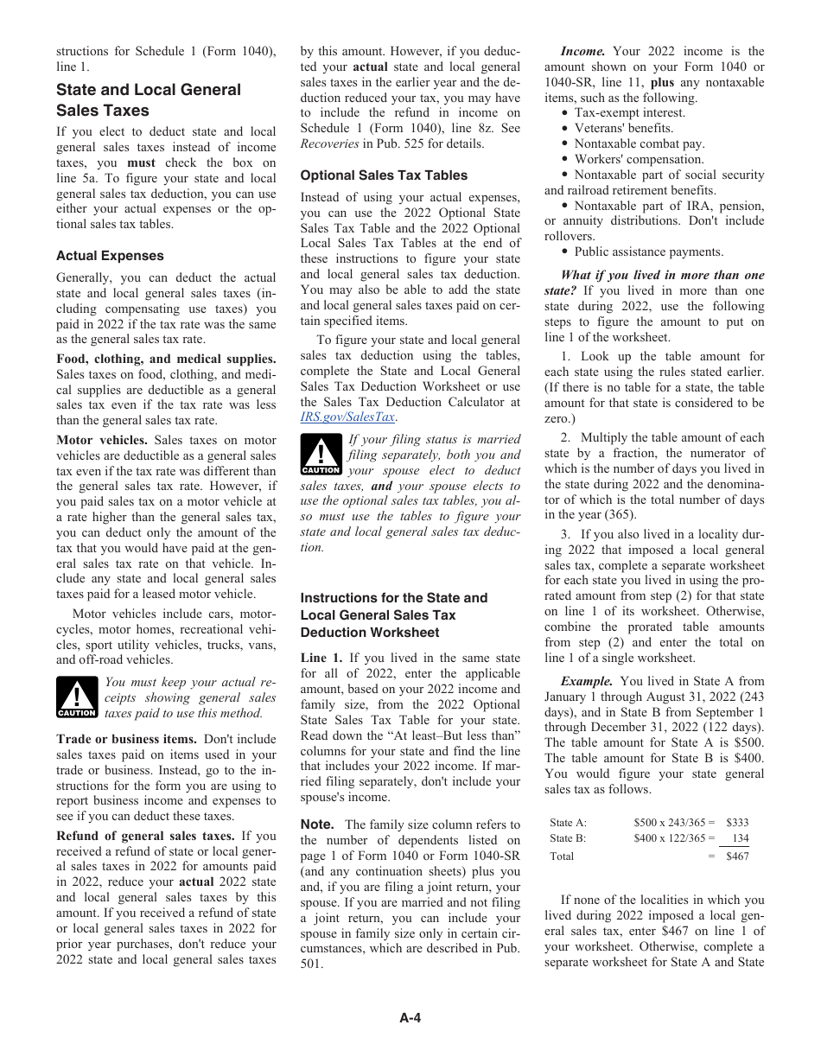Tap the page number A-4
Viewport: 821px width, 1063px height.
(410, 1017)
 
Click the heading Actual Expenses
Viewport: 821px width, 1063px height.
(110, 256)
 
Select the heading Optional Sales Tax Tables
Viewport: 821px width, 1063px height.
(384, 175)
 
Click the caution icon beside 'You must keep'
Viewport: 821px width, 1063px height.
(77, 697)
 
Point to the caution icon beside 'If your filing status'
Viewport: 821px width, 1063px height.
(321, 455)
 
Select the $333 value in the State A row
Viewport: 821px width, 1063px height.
(736, 823)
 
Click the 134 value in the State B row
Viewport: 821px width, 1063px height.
(740, 838)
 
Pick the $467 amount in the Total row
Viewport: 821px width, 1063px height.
(736, 856)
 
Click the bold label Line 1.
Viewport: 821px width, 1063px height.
(321, 658)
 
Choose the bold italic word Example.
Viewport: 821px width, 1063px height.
(587, 681)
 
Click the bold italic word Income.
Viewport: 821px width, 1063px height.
(582, 51)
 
